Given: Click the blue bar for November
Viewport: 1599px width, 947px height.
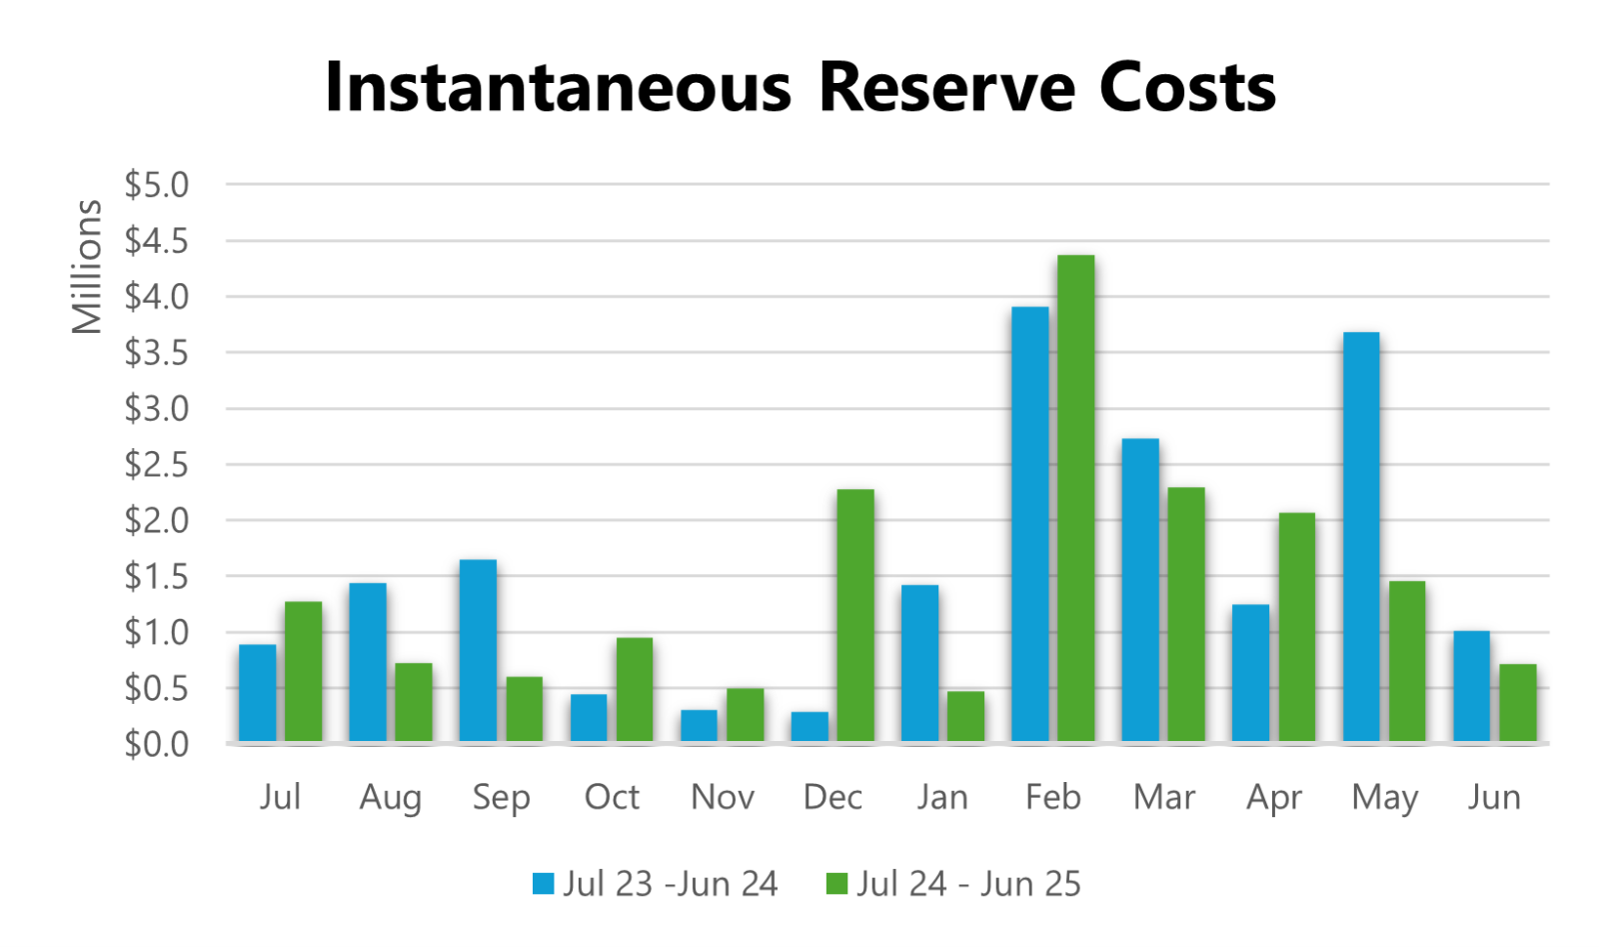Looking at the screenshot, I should (699, 726).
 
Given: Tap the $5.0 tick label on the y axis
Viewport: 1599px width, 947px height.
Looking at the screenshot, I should (156, 185).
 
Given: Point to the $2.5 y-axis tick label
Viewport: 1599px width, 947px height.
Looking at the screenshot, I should (156, 465).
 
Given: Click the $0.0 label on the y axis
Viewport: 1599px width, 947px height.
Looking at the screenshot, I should (156, 744).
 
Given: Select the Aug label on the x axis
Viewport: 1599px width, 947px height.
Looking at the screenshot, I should (390, 797).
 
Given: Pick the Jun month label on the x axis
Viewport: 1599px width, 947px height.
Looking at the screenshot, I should (1494, 797).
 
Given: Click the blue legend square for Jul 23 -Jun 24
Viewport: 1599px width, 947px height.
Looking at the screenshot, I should (544, 884).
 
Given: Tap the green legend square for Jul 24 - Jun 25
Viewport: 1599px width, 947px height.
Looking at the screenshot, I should (836, 884).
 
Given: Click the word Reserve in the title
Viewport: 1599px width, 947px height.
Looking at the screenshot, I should (946, 88).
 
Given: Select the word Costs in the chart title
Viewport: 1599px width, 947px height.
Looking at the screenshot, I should (1187, 88).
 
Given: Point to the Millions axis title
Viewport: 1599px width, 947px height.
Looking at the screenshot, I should (87, 267).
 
